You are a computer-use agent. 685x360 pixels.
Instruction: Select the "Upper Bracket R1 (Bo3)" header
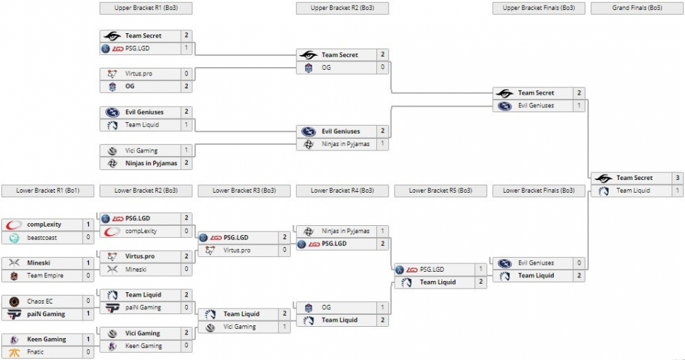pyautogui.click(x=146, y=8)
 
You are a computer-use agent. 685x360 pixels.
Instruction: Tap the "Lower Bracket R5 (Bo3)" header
pyautogui.click(x=441, y=191)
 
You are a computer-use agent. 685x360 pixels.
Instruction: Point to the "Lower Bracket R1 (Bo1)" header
pyautogui.click(x=48, y=191)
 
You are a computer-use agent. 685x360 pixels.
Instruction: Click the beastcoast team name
pyautogui.click(x=42, y=237)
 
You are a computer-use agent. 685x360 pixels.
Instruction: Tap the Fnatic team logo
pyautogui.click(x=13, y=352)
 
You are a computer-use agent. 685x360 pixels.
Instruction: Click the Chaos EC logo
pyautogui.click(x=13, y=301)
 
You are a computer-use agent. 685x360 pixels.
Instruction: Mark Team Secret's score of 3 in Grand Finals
pyautogui.click(x=677, y=178)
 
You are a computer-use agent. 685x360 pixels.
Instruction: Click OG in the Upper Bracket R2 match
pyautogui.click(x=326, y=68)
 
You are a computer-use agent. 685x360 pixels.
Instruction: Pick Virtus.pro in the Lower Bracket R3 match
pyautogui.click(x=238, y=250)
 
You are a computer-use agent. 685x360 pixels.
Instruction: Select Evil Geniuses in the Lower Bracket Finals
pyautogui.click(x=536, y=263)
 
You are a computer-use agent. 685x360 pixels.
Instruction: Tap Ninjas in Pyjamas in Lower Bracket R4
pyautogui.click(x=345, y=231)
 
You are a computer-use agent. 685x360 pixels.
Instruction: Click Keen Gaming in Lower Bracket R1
pyautogui.click(x=47, y=339)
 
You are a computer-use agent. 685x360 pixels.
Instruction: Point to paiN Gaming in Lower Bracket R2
pyautogui.click(x=143, y=308)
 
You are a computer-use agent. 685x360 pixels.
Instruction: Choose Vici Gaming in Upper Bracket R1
pyautogui.click(x=142, y=150)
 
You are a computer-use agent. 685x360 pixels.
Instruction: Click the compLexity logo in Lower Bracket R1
pyautogui.click(x=13, y=224)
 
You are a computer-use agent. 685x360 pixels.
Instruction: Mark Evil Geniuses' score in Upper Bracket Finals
pyautogui.click(x=579, y=106)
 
